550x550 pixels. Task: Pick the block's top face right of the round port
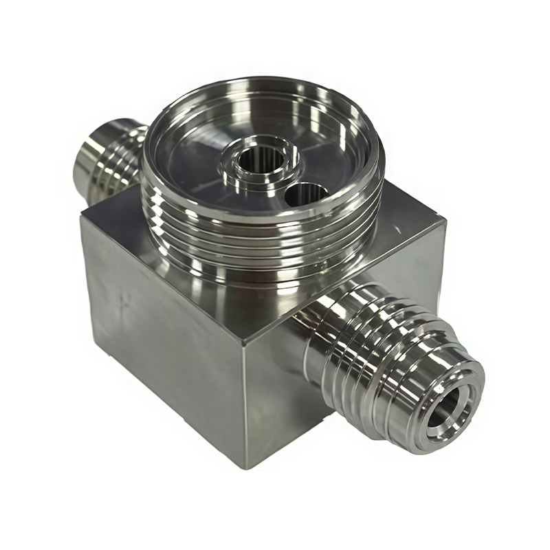point(406,227)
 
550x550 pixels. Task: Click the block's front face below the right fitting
point(289,412)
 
